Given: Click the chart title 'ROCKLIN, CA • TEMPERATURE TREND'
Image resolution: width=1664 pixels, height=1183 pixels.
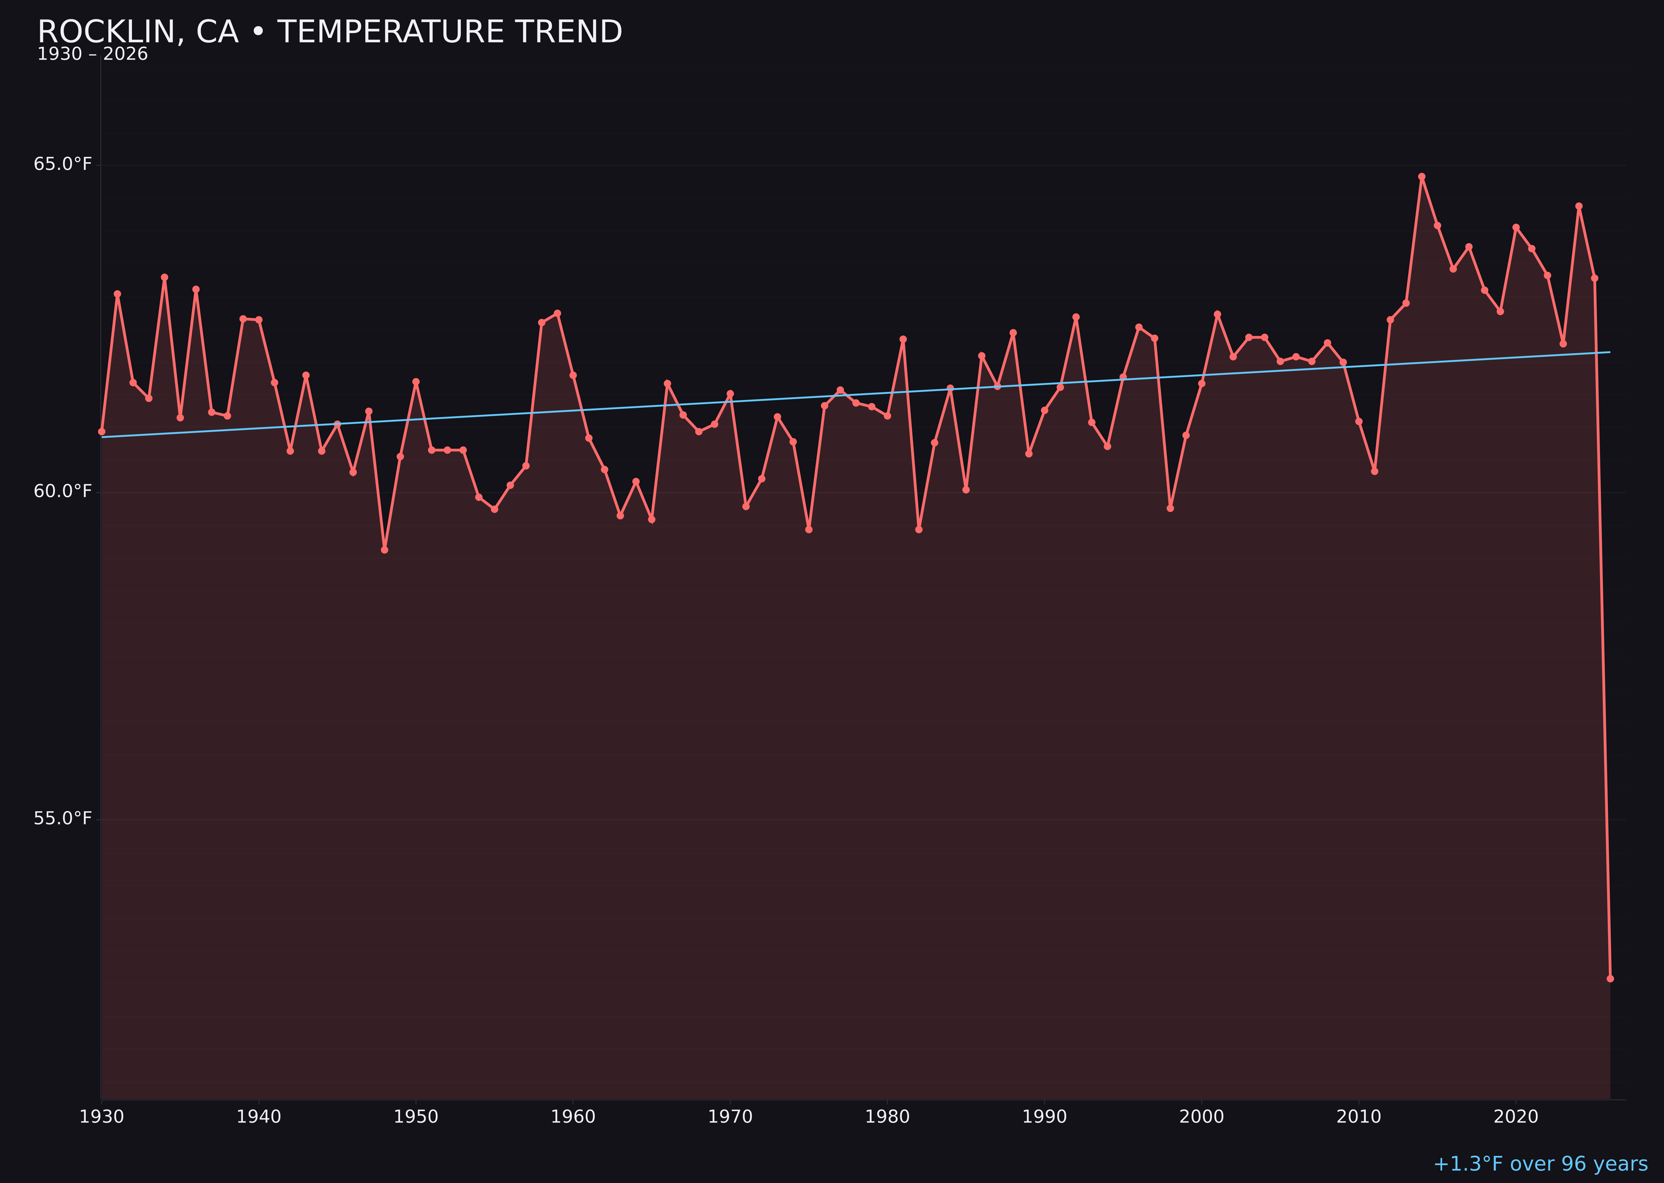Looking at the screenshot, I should tap(329, 32).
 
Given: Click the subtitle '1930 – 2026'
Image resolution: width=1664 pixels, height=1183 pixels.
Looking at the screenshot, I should tap(92, 54).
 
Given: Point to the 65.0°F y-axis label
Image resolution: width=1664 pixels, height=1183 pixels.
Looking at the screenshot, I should tap(63, 164).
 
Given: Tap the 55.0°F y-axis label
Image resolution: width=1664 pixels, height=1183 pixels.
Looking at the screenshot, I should tap(63, 819).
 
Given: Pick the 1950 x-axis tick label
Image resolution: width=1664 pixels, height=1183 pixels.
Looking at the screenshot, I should tap(416, 1117).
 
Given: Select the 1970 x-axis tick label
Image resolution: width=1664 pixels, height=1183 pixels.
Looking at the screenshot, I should tap(730, 1117).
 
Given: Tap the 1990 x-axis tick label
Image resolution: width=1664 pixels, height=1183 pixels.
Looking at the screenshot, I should tap(1044, 1117).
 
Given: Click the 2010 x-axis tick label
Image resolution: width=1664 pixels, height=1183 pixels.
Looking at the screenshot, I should tap(1359, 1117).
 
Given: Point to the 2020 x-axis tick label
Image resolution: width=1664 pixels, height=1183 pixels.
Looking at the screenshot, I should tap(1515, 1117).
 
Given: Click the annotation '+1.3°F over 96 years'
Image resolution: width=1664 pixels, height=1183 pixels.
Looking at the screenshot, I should tap(1540, 1164).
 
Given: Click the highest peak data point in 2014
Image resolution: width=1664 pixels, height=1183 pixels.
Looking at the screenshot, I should tap(1421, 176).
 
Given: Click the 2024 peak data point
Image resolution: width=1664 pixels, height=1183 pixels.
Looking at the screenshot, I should tap(1579, 206).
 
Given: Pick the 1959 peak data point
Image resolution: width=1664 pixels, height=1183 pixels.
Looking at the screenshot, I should tap(557, 313).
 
